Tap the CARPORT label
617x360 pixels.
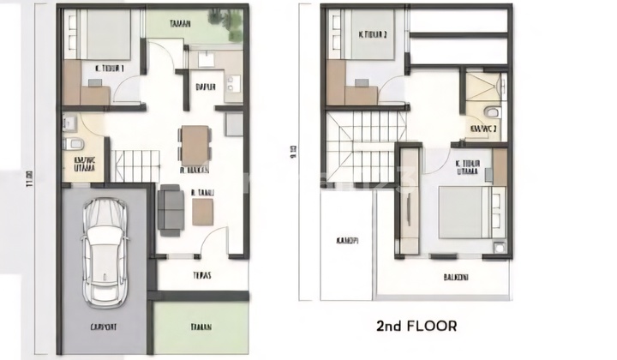coord(105,327)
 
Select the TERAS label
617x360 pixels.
coord(202,276)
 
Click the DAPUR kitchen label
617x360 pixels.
coord(205,86)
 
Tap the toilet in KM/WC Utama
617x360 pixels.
coord(72,141)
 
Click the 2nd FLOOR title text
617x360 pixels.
coord(416,326)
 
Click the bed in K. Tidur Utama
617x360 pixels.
coord(466,212)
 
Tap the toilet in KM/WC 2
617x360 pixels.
coord(486,112)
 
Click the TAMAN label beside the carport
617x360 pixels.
coord(202,327)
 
